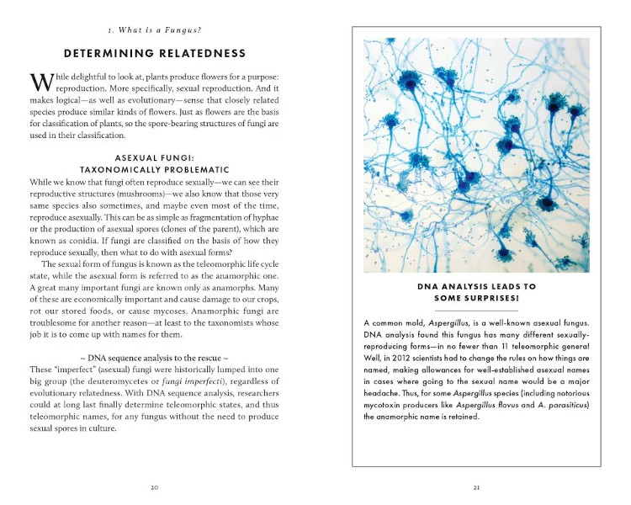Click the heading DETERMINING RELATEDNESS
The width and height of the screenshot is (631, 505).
(153, 54)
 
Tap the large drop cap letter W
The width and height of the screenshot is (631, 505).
(40, 83)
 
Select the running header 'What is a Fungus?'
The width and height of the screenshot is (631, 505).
(153, 31)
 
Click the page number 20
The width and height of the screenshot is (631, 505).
(153, 486)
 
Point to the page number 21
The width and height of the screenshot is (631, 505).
(476, 486)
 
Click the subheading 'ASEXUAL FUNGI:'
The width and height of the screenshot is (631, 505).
(153, 157)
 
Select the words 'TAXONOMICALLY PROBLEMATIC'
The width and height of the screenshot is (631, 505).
(153, 169)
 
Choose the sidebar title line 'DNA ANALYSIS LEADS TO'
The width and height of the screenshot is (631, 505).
(476, 286)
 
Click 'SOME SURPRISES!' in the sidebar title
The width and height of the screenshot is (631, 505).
(476, 298)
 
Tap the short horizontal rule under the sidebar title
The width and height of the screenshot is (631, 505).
(476, 311)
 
